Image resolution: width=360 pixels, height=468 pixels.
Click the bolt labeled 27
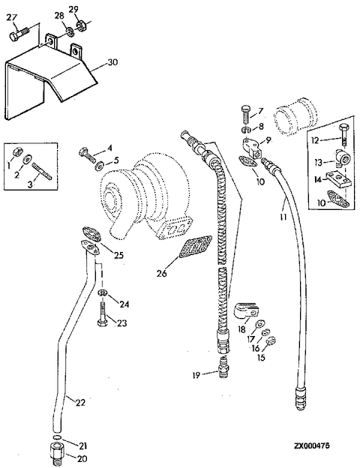tap(19, 34)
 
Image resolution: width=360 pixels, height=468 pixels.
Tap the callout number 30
tap(112, 62)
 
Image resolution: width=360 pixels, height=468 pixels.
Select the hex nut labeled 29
tap(80, 25)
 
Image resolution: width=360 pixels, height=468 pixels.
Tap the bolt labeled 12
tap(343, 134)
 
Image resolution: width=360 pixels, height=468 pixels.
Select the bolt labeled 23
tap(103, 314)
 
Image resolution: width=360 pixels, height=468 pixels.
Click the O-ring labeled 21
tap(58, 437)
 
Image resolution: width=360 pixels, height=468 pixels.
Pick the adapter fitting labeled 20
tap(57, 452)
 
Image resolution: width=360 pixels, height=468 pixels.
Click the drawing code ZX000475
tap(312, 445)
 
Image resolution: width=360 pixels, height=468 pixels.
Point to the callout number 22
tap(80, 402)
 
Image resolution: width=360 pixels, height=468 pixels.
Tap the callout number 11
tap(283, 217)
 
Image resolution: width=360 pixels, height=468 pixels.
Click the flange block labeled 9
tap(252, 148)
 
